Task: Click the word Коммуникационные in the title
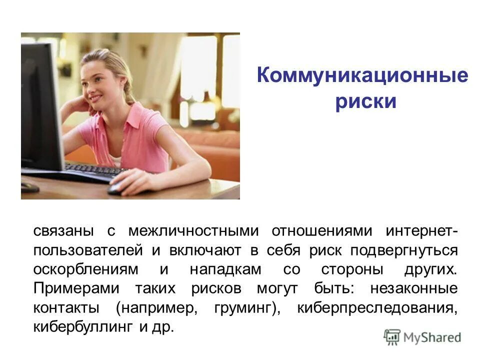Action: tap(362, 76)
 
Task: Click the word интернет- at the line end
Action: tap(421, 231)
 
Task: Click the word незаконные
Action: tap(413, 288)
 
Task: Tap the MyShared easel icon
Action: tap(392, 337)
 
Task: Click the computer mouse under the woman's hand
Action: tap(116, 188)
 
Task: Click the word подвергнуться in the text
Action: tap(403, 250)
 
